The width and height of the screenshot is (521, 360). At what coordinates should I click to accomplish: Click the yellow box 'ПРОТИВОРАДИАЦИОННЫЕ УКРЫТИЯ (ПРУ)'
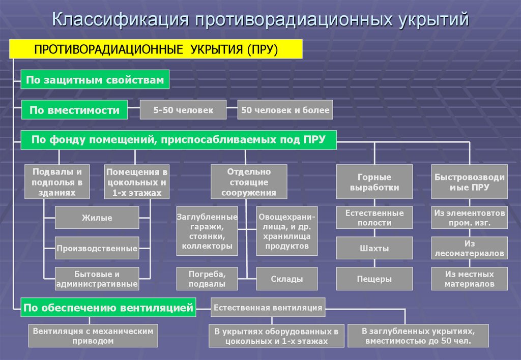click(156, 50)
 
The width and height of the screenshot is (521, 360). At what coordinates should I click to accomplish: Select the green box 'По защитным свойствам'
click(95, 80)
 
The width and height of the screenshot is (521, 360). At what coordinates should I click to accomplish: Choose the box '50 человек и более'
click(285, 110)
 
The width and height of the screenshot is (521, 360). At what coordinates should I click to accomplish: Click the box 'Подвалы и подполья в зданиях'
click(57, 182)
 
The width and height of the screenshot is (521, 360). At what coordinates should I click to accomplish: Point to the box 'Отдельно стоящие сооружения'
click(249, 182)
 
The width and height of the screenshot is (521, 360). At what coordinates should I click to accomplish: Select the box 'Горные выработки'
click(374, 182)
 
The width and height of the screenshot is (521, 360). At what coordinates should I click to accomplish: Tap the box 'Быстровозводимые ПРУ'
click(469, 182)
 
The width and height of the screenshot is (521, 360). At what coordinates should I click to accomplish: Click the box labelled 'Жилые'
click(97, 218)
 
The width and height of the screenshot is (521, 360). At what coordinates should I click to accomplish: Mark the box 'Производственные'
click(97, 248)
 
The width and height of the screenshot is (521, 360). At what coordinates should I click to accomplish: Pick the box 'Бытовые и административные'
click(97, 279)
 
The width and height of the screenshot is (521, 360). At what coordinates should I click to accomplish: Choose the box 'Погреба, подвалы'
click(207, 279)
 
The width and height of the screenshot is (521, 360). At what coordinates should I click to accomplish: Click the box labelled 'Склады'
click(286, 279)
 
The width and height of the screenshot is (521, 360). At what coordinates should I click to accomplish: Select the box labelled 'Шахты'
click(374, 248)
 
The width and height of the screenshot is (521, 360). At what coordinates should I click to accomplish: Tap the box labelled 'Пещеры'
click(374, 279)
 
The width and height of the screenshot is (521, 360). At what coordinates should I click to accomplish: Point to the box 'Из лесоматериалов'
click(469, 248)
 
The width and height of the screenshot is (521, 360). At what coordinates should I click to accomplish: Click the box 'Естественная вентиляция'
click(268, 307)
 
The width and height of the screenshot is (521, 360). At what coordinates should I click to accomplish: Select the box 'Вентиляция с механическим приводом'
click(93, 336)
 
